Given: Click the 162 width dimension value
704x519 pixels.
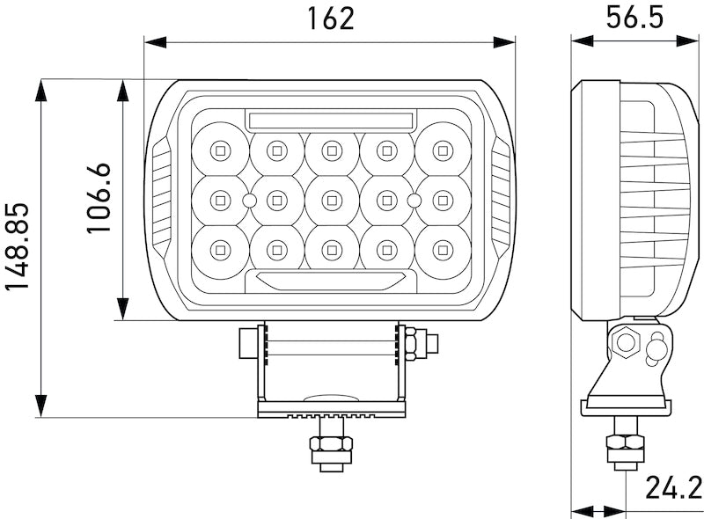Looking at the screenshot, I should (x=331, y=18).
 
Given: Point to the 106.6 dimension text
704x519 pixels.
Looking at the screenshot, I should (x=98, y=198).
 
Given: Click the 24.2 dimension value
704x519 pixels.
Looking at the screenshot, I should (x=672, y=486).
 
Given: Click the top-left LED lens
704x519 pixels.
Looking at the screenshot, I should (x=220, y=150).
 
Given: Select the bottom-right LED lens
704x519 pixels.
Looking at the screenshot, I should (x=443, y=251).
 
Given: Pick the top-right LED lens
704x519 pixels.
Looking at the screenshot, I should (x=443, y=150).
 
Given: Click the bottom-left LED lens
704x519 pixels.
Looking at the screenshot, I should (x=220, y=251).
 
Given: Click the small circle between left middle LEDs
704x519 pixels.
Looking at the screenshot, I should (x=249, y=201).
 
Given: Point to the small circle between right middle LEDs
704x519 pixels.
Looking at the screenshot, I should (x=414, y=201).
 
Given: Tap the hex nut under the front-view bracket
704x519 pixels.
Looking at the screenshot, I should (x=331, y=450).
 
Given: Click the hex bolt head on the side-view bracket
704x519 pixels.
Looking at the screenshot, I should (x=627, y=341).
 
